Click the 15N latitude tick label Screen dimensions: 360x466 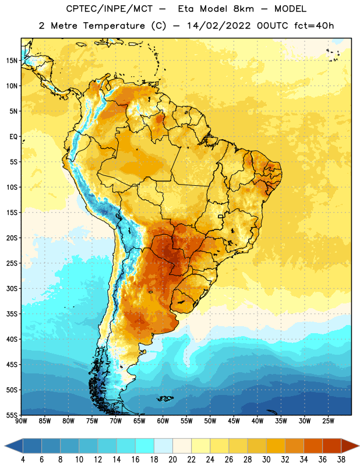pyautogui.click(x=12, y=61)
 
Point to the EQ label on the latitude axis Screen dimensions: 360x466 pyautogui.click(x=13, y=137)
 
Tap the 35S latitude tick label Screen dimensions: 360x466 pyautogui.click(x=12, y=314)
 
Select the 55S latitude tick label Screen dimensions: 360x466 pyautogui.click(x=12, y=415)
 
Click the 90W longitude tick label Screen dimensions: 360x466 pyautogui.click(x=21, y=421)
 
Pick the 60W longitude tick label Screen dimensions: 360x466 pyautogui.click(x=163, y=421)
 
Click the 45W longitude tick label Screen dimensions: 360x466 pyautogui.click(x=234, y=421)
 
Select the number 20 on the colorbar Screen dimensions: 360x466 pyautogui.click(x=172, y=460)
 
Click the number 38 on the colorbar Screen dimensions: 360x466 pyautogui.click(x=341, y=460)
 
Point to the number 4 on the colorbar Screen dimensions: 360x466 pyautogui.click(x=23, y=460)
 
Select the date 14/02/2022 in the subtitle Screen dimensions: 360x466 pyautogui.click(x=219, y=26)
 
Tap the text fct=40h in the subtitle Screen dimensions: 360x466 pyautogui.click(x=314, y=26)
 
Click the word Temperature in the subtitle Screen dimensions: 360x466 pyautogui.click(x=114, y=26)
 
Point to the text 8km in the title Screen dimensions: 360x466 pyautogui.click(x=243, y=9)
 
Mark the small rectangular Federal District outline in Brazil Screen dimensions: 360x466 pyautogui.click(x=221, y=216)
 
